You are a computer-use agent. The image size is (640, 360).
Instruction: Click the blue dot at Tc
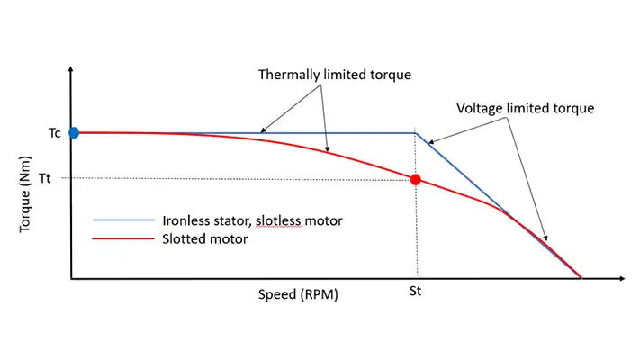point(74,133)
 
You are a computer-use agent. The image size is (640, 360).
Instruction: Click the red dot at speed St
point(416,179)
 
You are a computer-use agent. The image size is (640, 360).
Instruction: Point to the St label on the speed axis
point(416,292)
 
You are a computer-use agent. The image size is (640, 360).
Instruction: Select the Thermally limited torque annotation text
point(335,74)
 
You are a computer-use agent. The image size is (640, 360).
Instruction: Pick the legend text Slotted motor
point(205,240)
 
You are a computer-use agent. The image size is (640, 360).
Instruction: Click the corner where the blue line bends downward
point(416,133)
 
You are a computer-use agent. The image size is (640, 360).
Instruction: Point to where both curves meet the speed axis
point(581,278)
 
